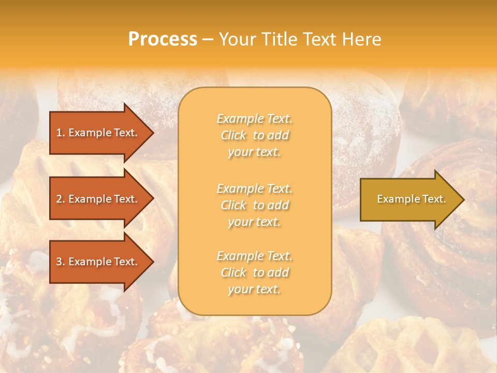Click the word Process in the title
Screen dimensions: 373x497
point(163,39)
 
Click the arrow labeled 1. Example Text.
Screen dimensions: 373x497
point(97,133)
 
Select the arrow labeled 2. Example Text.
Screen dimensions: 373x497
point(97,199)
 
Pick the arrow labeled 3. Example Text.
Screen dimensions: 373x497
point(97,262)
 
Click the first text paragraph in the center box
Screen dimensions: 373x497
point(255,135)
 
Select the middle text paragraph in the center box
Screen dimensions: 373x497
point(255,205)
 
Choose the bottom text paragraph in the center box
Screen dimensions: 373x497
point(255,272)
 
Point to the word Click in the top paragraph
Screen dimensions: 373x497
point(233,136)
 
